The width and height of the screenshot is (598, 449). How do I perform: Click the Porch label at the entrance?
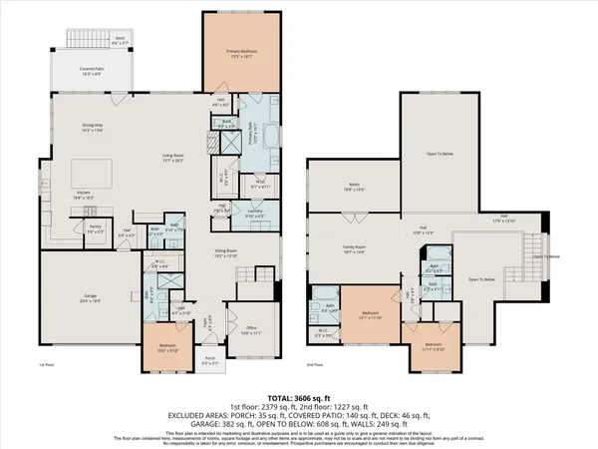point(210,360)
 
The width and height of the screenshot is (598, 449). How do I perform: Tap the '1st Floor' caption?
point(47,366)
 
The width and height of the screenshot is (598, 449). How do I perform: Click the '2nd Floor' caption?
point(315,366)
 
